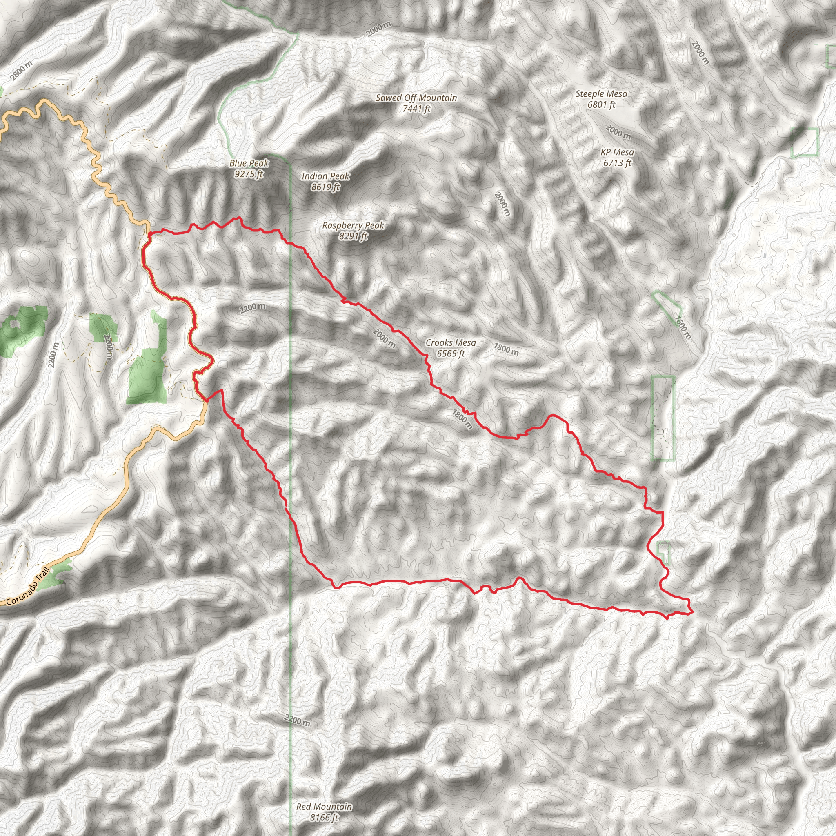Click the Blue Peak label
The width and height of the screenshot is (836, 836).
click(249, 164)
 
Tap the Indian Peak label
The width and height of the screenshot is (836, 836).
click(325, 176)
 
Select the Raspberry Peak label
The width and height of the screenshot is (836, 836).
click(353, 225)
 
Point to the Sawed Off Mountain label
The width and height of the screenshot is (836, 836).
click(416, 98)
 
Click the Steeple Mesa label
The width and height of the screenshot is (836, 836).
click(601, 94)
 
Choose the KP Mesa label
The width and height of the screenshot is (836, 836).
click(617, 152)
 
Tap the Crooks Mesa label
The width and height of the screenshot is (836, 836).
click(451, 343)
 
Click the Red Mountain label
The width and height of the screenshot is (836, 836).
click(324, 807)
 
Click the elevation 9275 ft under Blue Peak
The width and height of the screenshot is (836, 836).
click(249, 174)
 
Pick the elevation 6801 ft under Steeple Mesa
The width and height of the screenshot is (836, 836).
click(601, 105)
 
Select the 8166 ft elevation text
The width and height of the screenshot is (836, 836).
click(324, 817)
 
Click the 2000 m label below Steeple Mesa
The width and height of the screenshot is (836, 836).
click(618, 131)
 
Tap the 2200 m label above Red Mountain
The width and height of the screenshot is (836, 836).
click(297, 720)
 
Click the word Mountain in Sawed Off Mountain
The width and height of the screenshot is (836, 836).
click(437, 98)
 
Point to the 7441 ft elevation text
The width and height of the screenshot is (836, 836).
click(416, 109)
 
